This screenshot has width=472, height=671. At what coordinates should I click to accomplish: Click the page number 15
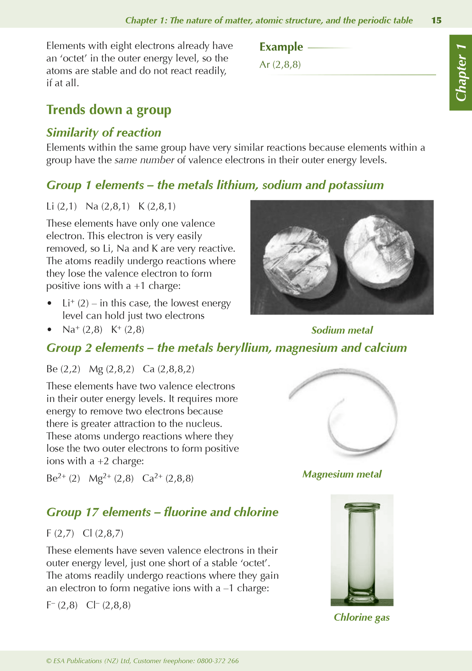436,21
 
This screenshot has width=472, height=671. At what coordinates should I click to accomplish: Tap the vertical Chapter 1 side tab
461,72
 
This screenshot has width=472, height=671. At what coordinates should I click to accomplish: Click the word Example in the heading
281,47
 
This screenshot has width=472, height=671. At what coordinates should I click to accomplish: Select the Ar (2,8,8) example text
280,65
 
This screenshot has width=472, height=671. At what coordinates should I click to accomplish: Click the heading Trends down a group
108,110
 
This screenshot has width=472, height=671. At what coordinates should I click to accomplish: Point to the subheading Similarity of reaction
104,133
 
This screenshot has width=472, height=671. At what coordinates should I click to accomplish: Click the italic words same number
144,160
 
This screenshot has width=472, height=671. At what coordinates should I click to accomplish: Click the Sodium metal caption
342,330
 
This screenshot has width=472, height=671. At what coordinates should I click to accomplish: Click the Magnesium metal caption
342,474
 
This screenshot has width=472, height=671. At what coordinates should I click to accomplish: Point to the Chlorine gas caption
362,617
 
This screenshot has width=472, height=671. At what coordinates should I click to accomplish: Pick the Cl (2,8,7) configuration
103,533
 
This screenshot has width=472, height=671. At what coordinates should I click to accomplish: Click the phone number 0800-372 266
218,661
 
